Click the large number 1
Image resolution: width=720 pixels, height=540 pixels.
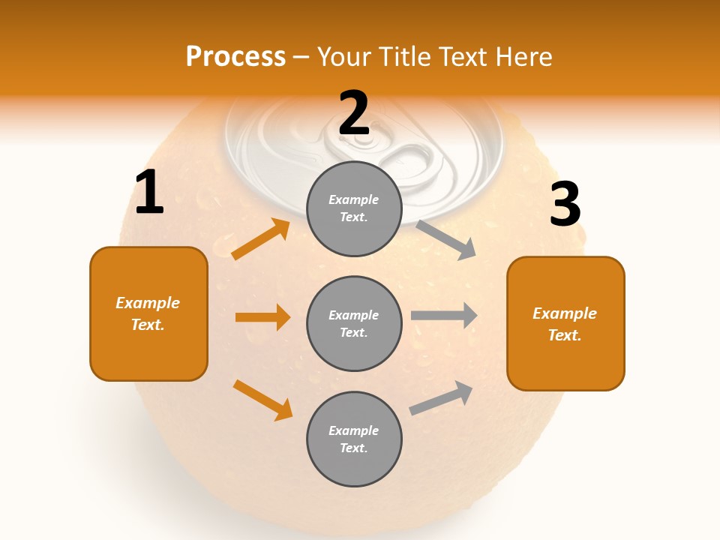pos(149,193)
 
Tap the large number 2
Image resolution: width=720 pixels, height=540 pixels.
pos(354,113)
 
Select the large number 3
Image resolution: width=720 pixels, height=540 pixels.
pos(565,205)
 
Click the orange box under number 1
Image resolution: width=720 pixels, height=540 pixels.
pos(148,313)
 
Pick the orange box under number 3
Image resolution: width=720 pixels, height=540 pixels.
pos(565,323)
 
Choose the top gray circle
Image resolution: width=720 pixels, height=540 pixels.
pos(354,208)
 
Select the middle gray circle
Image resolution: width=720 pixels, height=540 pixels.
pos(354,323)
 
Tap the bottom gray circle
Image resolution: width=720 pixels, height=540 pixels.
pos(354,439)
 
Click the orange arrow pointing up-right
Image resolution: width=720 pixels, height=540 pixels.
pos(260,239)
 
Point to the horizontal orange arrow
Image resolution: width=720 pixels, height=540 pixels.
pos(262,317)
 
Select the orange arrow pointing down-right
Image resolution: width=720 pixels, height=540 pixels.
pos(262,400)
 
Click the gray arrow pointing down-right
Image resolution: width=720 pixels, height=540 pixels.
pos(446,240)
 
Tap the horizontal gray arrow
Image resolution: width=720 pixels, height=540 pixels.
pos(444,316)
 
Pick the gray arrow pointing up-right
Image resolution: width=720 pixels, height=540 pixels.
pos(441,398)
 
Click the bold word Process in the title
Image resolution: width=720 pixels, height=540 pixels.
pos(235,57)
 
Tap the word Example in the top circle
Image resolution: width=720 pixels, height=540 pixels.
pos(353,199)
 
